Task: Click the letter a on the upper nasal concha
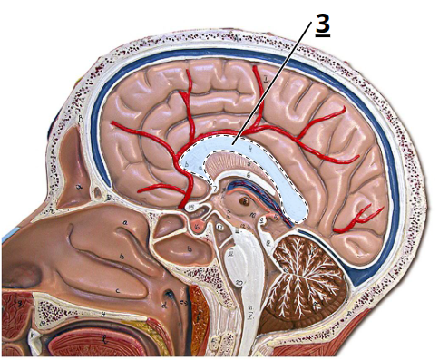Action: click(x=123, y=220)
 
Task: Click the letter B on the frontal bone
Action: click(x=81, y=118)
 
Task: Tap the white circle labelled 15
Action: click(x=192, y=208)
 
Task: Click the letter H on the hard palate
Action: click(x=105, y=315)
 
